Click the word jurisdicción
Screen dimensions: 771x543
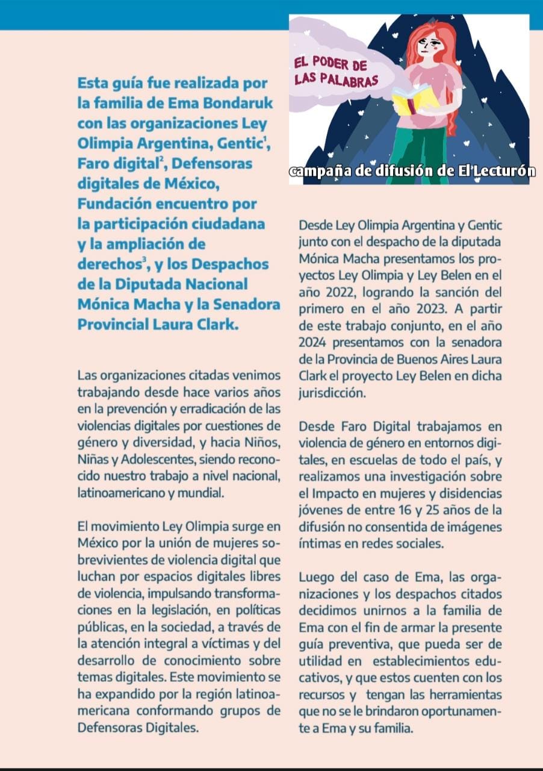coord(332,393)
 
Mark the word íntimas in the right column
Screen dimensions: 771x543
coord(319,543)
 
